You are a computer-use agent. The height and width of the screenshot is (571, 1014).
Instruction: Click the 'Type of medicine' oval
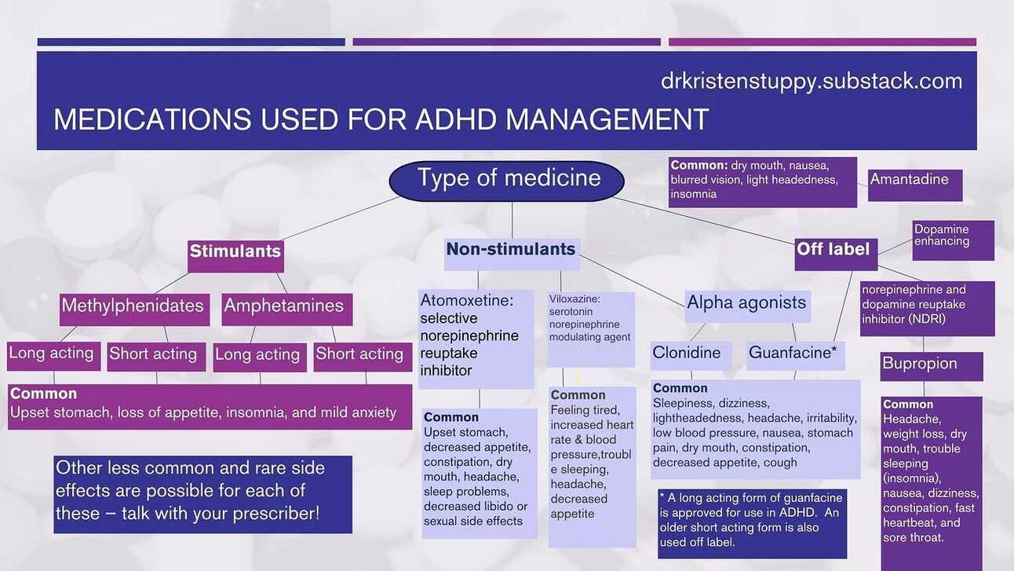(506, 181)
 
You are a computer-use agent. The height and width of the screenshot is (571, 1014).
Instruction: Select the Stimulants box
(236, 256)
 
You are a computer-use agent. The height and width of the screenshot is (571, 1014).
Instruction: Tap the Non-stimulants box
(512, 254)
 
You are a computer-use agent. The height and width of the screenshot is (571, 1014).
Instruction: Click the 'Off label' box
(836, 254)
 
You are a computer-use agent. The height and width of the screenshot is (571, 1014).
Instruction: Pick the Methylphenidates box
(134, 309)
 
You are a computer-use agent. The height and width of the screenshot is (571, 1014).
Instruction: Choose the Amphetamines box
(287, 309)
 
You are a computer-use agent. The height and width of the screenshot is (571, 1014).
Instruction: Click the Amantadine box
(915, 185)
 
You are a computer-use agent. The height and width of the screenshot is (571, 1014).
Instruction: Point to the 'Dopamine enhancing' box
(954, 240)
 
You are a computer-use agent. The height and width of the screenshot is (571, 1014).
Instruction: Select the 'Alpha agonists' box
(748, 306)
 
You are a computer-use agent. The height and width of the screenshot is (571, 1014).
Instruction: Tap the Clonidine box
(691, 355)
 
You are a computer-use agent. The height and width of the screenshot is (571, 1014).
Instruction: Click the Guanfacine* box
(796, 355)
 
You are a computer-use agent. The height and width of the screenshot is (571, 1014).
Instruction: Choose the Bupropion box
(932, 366)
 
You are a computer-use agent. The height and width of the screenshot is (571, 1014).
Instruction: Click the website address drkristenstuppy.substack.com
(812, 81)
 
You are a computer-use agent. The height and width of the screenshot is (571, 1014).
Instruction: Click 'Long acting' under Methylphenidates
(54, 357)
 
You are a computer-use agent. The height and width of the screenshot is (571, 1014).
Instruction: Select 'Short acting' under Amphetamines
(363, 357)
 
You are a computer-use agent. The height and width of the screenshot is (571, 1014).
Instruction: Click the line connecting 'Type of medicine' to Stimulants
(340, 218)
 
